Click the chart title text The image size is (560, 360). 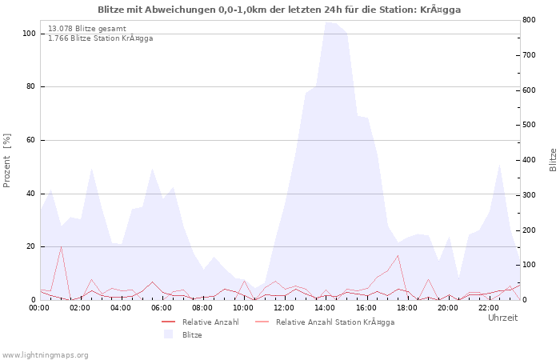279,10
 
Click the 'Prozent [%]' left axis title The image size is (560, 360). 7,161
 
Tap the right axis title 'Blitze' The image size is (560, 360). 553,159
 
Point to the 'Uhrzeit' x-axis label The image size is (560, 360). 502,318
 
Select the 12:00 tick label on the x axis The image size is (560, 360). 285,307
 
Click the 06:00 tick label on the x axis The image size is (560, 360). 162,307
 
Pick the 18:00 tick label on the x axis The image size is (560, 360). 407,307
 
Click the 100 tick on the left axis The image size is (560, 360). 29,34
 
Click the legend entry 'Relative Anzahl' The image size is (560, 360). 210,322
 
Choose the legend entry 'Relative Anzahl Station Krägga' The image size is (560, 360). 334,322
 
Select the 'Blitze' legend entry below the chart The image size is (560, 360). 191,335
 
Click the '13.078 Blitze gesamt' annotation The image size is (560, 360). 86,29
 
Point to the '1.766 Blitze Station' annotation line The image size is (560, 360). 100,38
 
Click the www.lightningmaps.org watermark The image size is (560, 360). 45,354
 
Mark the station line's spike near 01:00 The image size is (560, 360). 61,247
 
